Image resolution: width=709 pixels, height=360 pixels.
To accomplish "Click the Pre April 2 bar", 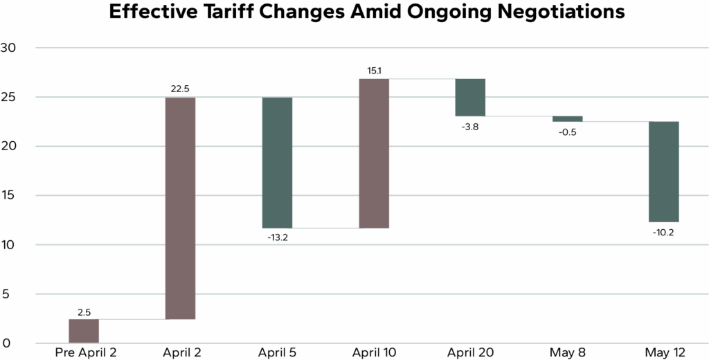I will click(84, 331).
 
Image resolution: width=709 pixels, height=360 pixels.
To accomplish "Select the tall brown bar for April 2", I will click(180, 208).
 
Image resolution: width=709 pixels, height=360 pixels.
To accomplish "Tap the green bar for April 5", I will click(277, 163).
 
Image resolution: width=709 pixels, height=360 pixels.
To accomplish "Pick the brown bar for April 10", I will click(374, 153).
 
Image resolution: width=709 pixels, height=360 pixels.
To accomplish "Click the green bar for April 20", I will click(470, 97).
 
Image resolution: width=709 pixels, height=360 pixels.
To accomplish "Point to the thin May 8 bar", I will click(567, 118).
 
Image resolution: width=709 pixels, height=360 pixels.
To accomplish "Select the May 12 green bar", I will click(663, 172).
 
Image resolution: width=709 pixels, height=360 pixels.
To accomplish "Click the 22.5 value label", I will click(180, 89).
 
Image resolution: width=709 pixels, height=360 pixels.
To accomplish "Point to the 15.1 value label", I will click(374, 70).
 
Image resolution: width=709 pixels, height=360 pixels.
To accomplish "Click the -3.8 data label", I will click(470, 126).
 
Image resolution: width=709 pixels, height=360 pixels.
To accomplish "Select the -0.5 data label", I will click(567, 132).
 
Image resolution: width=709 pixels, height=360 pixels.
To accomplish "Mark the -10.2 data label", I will click(663, 232).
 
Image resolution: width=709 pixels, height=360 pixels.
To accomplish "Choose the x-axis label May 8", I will click(567, 353).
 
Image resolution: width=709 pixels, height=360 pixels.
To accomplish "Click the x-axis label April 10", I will click(374, 353).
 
